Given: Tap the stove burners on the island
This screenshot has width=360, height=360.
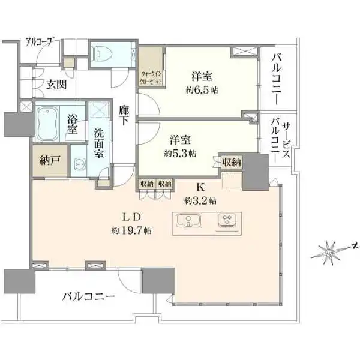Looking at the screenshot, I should pyautogui.click(x=227, y=221).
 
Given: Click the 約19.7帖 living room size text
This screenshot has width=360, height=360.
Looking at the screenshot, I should pyautogui.click(x=131, y=230).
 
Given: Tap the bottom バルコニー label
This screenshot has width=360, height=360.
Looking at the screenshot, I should pyautogui.click(x=88, y=296).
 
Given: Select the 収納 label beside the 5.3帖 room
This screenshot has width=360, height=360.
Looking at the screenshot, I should pyautogui.click(x=231, y=161).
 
